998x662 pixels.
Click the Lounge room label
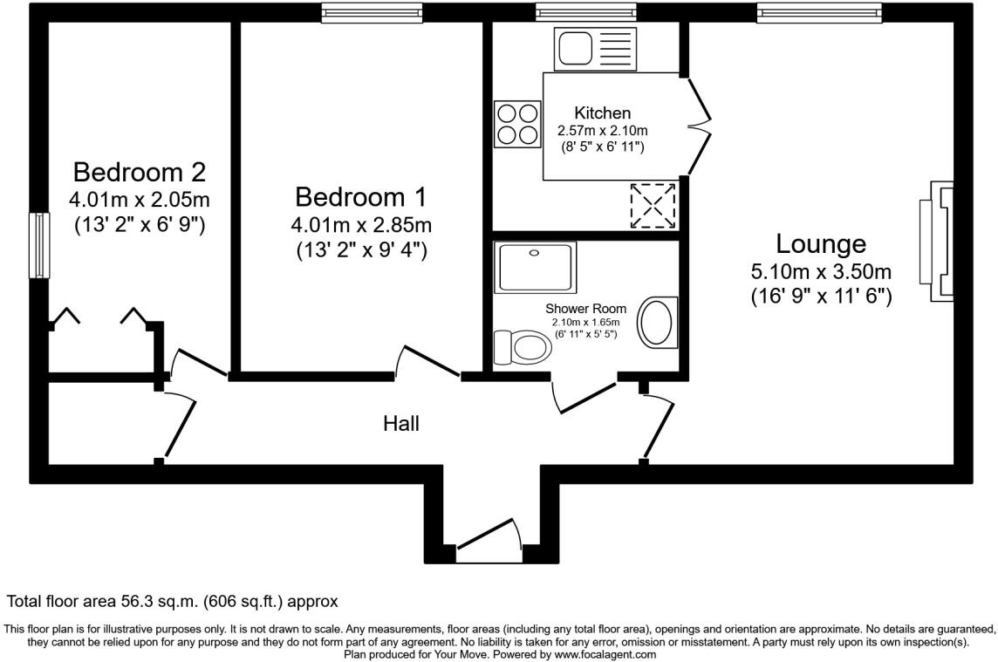click(821, 243)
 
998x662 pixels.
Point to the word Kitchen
click(602, 113)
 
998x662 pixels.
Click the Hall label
click(401, 424)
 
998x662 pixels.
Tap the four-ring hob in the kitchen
click(517, 123)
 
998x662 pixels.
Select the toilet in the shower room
click(522, 347)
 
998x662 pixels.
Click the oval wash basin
click(658, 323)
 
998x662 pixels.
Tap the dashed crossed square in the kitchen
click(653, 206)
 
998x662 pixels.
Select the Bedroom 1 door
click(427, 362)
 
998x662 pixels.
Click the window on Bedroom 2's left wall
click(38, 245)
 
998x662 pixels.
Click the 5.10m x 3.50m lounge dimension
click(821, 271)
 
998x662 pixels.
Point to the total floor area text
click(172, 602)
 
